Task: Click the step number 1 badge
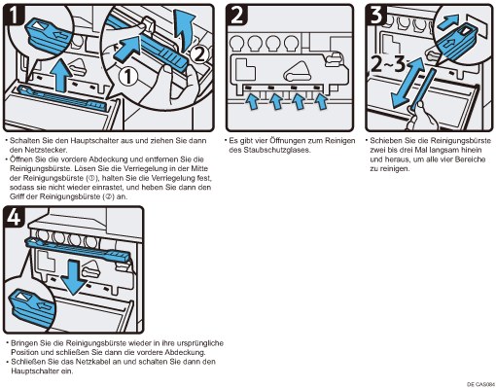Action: point(14,16)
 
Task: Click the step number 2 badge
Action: point(237,15)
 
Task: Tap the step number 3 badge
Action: point(376,15)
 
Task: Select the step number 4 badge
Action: point(14,217)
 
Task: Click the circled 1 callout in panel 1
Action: point(128,77)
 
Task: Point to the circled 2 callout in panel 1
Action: point(198,54)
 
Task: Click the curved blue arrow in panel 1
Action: point(184,29)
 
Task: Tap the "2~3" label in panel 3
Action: point(387,64)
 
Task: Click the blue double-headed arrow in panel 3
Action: point(407,83)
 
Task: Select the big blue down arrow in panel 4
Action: point(74,278)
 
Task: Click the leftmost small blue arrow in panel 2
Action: point(253,101)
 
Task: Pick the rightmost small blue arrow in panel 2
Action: point(321,101)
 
